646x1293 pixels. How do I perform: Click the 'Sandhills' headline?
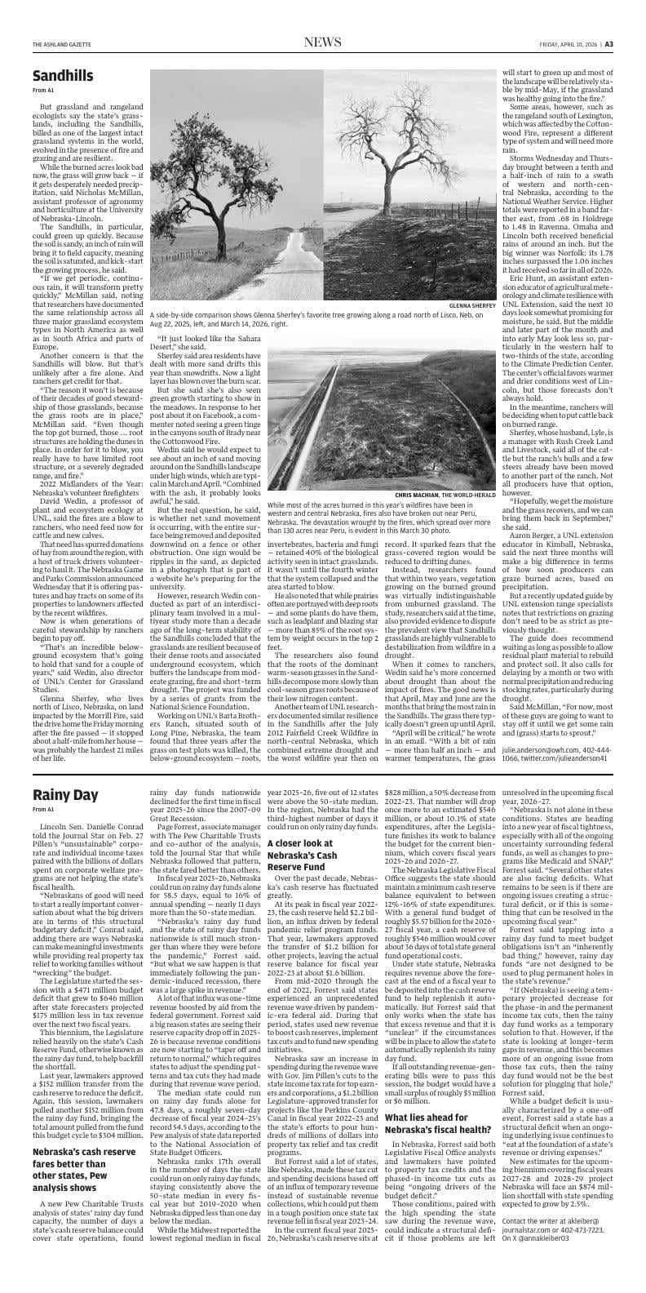pyautogui.click(x=63, y=77)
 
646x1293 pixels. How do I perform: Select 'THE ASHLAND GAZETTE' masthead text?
pyautogui.click(x=62, y=43)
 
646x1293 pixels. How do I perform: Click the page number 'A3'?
pyautogui.click(x=608, y=43)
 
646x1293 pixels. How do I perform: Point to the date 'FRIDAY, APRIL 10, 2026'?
pyautogui.click(x=569, y=43)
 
